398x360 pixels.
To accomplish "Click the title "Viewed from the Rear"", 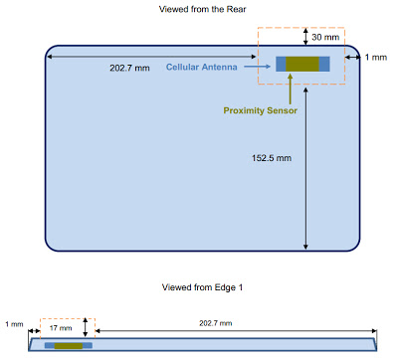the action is [x=202, y=9].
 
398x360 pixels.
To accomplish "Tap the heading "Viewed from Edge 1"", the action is [x=202, y=287].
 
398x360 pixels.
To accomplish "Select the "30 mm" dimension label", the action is [x=325, y=37].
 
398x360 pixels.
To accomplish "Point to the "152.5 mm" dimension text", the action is [x=272, y=158].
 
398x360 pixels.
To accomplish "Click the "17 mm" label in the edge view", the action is [x=61, y=328].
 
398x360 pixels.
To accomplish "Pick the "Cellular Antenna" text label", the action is [x=202, y=67].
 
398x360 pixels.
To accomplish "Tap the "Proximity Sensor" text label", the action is [x=261, y=110].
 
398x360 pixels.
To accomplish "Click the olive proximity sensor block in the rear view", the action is [x=302, y=64].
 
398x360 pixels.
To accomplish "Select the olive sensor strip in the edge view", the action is [x=69, y=346].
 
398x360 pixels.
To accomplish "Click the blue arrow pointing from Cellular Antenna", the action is [x=258, y=67].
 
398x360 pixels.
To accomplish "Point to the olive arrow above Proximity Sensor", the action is [x=291, y=89].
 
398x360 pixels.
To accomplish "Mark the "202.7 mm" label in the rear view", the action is [x=129, y=68].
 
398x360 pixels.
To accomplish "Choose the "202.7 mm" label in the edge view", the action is [x=216, y=323].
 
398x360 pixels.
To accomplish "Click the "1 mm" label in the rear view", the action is [x=376, y=58].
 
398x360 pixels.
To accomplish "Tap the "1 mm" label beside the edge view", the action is [x=14, y=324].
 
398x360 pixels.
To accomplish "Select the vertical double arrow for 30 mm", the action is [x=305, y=37].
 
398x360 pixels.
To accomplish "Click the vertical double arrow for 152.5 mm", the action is [x=305, y=168].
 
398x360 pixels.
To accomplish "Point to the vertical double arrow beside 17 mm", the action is [x=86, y=327].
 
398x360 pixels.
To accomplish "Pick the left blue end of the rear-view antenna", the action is [x=281, y=64].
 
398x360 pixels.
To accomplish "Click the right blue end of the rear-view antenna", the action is [x=324, y=64].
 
